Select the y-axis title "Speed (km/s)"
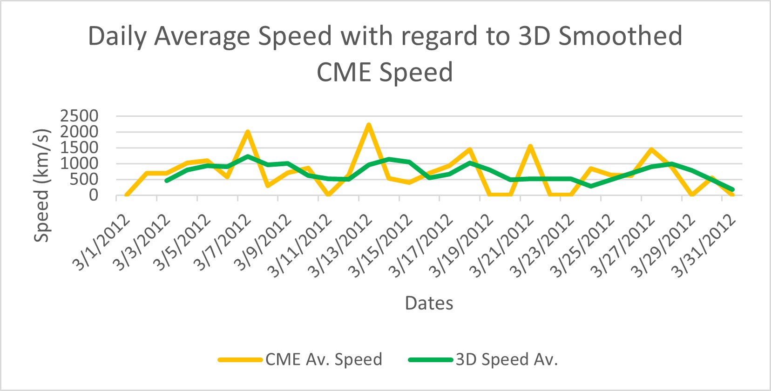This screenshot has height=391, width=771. [x=41, y=185]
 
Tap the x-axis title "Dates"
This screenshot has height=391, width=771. [x=429, y=303]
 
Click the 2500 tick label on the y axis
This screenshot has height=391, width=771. [x=79, y=116]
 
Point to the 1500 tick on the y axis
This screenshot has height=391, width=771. [x=79, y=148]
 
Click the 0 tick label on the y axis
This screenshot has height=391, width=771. [x=94, y=195]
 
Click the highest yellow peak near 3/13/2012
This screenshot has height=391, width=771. [x=369, y=125]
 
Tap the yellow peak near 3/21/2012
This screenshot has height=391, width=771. [x=530, y=146]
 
